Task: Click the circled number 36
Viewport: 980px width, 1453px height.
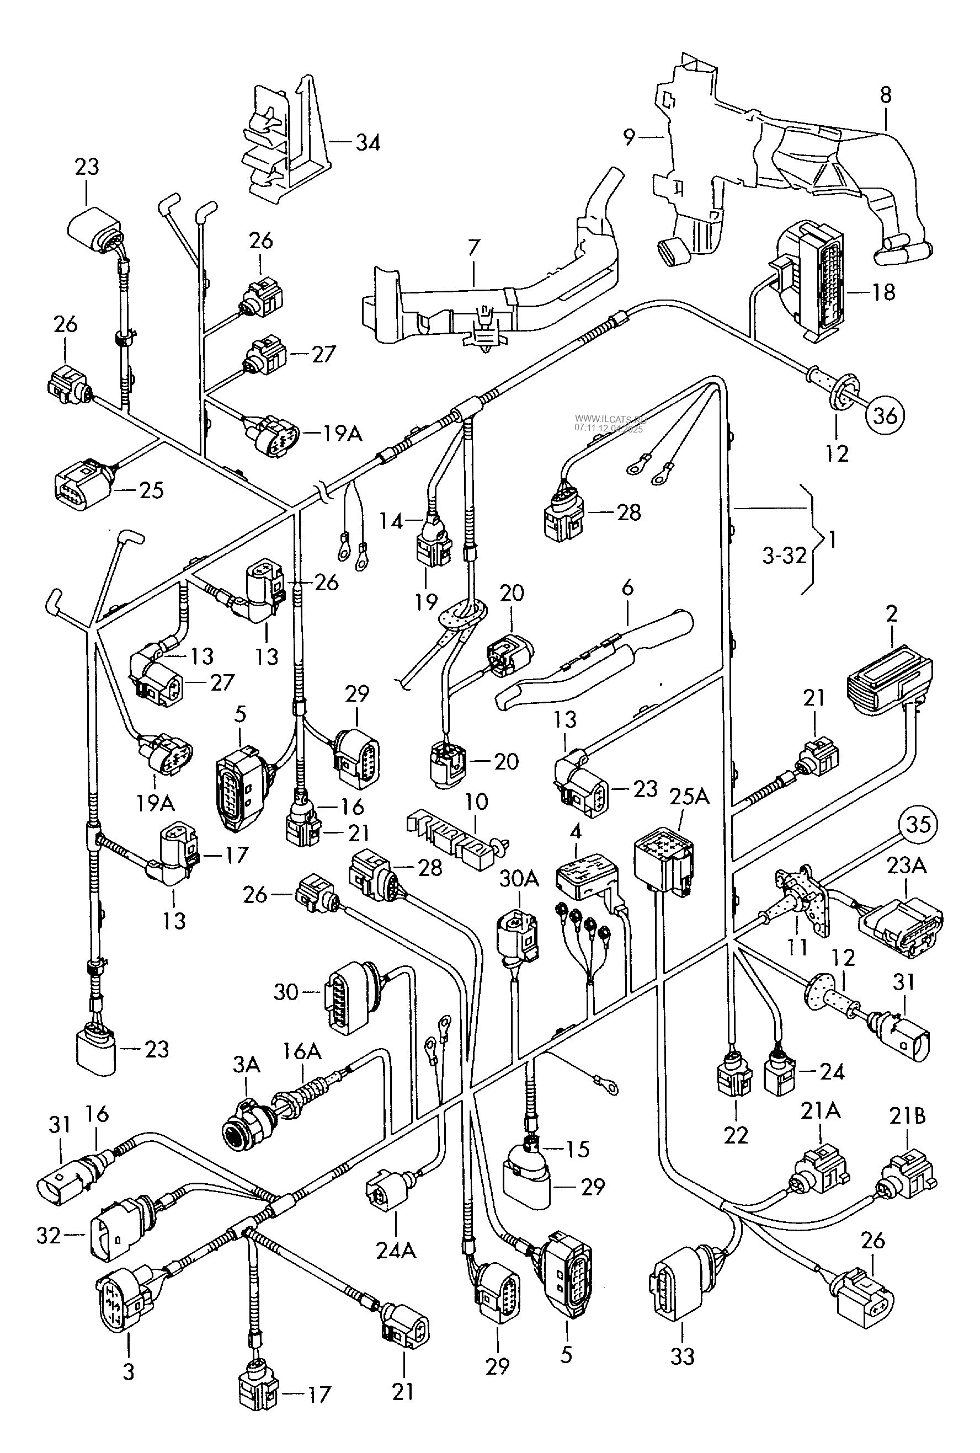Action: tap(885, 415)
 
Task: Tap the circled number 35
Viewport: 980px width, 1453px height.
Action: tap(918, 825)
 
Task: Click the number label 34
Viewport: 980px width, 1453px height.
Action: tap(367, 143)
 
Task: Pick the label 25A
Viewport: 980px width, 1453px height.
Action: tap(689, 797)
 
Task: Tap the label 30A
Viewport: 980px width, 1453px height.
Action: tap(519, 879)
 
